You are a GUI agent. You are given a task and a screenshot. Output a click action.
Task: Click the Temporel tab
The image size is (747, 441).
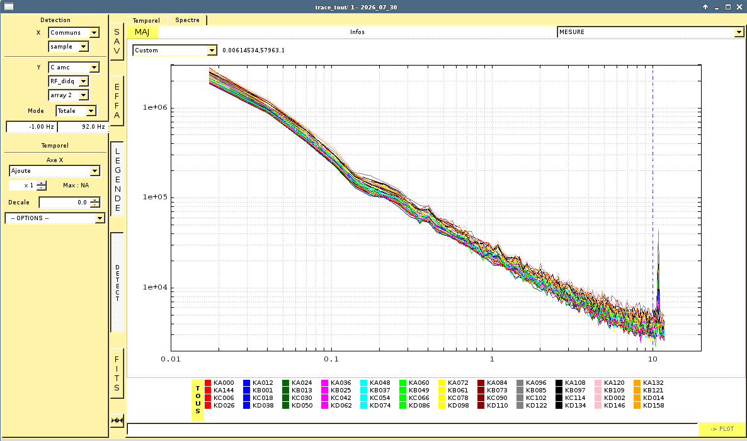click(147, 21)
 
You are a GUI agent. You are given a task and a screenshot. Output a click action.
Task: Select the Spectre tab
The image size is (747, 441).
click(187, 20)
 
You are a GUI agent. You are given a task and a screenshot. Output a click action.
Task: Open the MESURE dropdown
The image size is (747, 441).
click(650, 32)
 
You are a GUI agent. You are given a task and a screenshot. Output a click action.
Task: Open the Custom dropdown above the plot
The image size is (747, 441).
click(175, 50)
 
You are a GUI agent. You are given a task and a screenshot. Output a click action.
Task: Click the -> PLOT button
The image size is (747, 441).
click(722, 428)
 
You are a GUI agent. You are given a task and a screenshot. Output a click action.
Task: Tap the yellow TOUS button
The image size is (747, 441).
click(198, 400)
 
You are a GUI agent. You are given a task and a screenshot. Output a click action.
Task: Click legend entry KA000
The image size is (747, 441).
click(220, 383)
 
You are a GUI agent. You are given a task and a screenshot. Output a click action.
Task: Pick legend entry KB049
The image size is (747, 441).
click(415, 391)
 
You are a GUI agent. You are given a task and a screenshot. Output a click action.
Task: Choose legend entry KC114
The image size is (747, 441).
click(571, 398)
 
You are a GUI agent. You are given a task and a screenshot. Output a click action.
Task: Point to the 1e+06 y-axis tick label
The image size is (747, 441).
click(156, 107)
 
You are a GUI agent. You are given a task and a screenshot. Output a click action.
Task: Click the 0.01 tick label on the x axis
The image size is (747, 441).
click(171, 359)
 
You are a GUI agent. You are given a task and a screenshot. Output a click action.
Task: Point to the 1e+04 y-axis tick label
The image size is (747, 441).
click(156, 287)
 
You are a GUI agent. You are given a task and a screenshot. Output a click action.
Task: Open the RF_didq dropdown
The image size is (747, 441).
click(69, 81)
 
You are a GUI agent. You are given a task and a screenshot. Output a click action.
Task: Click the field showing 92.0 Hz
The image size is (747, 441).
click(83, 126)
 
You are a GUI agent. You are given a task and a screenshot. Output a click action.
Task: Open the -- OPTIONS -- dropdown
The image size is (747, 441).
click(55, 218)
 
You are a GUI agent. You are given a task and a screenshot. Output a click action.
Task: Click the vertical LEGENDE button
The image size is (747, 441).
click(117, 179)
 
